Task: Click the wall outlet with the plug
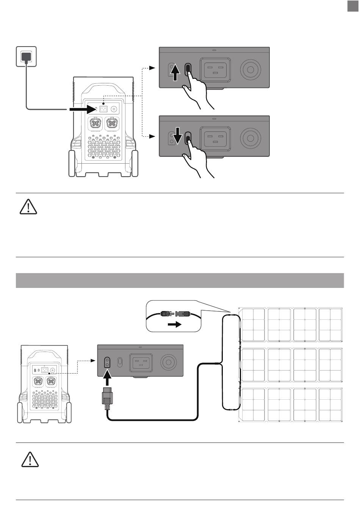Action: point(26,56)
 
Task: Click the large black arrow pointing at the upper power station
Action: point(85,109)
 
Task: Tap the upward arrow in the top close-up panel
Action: point(175,73)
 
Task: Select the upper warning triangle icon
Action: point(28,206)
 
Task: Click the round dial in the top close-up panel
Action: point(250,69)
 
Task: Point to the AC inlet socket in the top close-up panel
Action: point(215,69)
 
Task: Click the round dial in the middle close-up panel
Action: point(250,137)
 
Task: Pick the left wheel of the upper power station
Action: point(72,164)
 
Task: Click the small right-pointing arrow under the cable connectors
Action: point(175,325)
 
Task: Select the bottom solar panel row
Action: point(291,404)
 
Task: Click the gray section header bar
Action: point(180,280)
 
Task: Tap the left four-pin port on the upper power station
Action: point(95,123)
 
